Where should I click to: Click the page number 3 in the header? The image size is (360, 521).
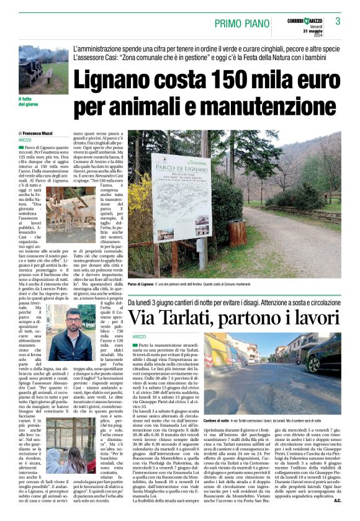click(x=338, y=21)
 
